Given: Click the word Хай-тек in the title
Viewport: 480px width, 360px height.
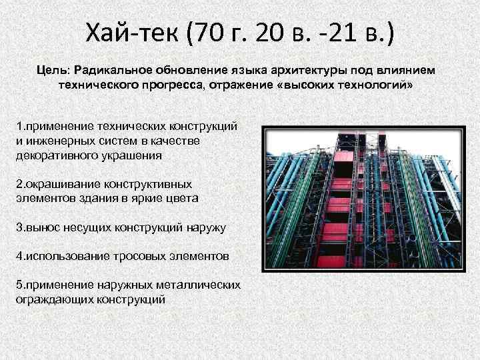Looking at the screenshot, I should (x=133, y=31).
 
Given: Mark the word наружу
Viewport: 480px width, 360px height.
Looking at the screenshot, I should (x=207, y=227).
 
